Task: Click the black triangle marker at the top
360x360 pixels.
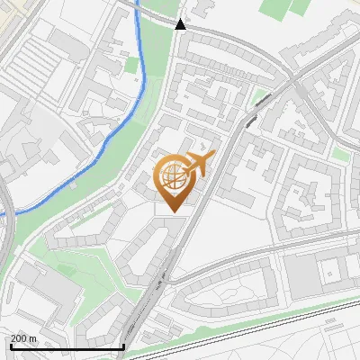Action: (x=181, y=24)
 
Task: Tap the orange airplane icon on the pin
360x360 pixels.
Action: (x=199, y=166)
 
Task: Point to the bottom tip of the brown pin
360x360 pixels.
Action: (x=172, y=213)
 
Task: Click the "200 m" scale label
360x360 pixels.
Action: (x=22, y=338)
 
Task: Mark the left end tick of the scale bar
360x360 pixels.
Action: (x=10, y=345)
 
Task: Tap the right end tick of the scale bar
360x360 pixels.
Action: (x=123, y=345)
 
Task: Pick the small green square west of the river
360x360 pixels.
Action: (x=132, y=66)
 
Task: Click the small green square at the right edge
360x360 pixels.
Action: (x=341, y=154)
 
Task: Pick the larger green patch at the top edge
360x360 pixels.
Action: (x=279, y=9)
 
